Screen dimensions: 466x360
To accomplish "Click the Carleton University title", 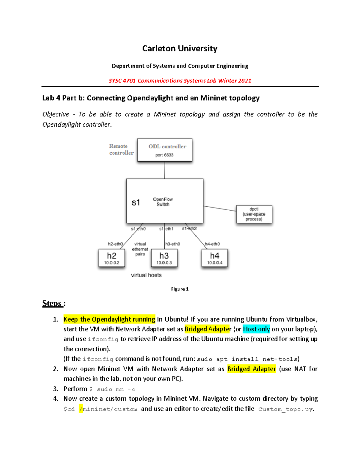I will [x=180, y=49].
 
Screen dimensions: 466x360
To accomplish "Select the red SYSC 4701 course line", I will [x=180, y=81].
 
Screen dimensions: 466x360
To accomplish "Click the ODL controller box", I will [x=165, y=150].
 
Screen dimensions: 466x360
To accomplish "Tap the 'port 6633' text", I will [x=164, y=155].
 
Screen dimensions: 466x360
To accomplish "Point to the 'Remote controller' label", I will [x=121, y=149].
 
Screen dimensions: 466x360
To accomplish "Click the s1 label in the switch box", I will [x=136, y=203].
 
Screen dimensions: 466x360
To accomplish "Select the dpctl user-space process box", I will [x=254, y=214].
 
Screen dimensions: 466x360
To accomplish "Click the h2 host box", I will [x=112, y=258].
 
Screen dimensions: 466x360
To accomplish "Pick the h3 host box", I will [x=164, y=258].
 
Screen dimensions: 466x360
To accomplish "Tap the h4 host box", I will [x=214, y=258].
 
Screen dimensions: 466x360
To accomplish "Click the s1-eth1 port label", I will [x=166, y=229].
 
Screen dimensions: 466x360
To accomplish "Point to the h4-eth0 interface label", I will [x=212, y=244].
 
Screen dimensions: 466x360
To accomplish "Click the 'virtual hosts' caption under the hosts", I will [x=146, y=275].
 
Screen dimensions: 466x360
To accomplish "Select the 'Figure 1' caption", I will [x=180, y=289].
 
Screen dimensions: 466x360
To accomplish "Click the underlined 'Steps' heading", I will [x=52, y=303].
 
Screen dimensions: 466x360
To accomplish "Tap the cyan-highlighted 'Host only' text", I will [x=256, y=329].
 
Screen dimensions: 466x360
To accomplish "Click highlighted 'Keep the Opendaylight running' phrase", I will [x=109, y=319].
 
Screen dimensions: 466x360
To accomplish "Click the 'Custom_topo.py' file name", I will [x=285, y=409].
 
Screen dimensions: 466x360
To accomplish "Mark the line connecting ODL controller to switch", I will [x=164, y=170].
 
